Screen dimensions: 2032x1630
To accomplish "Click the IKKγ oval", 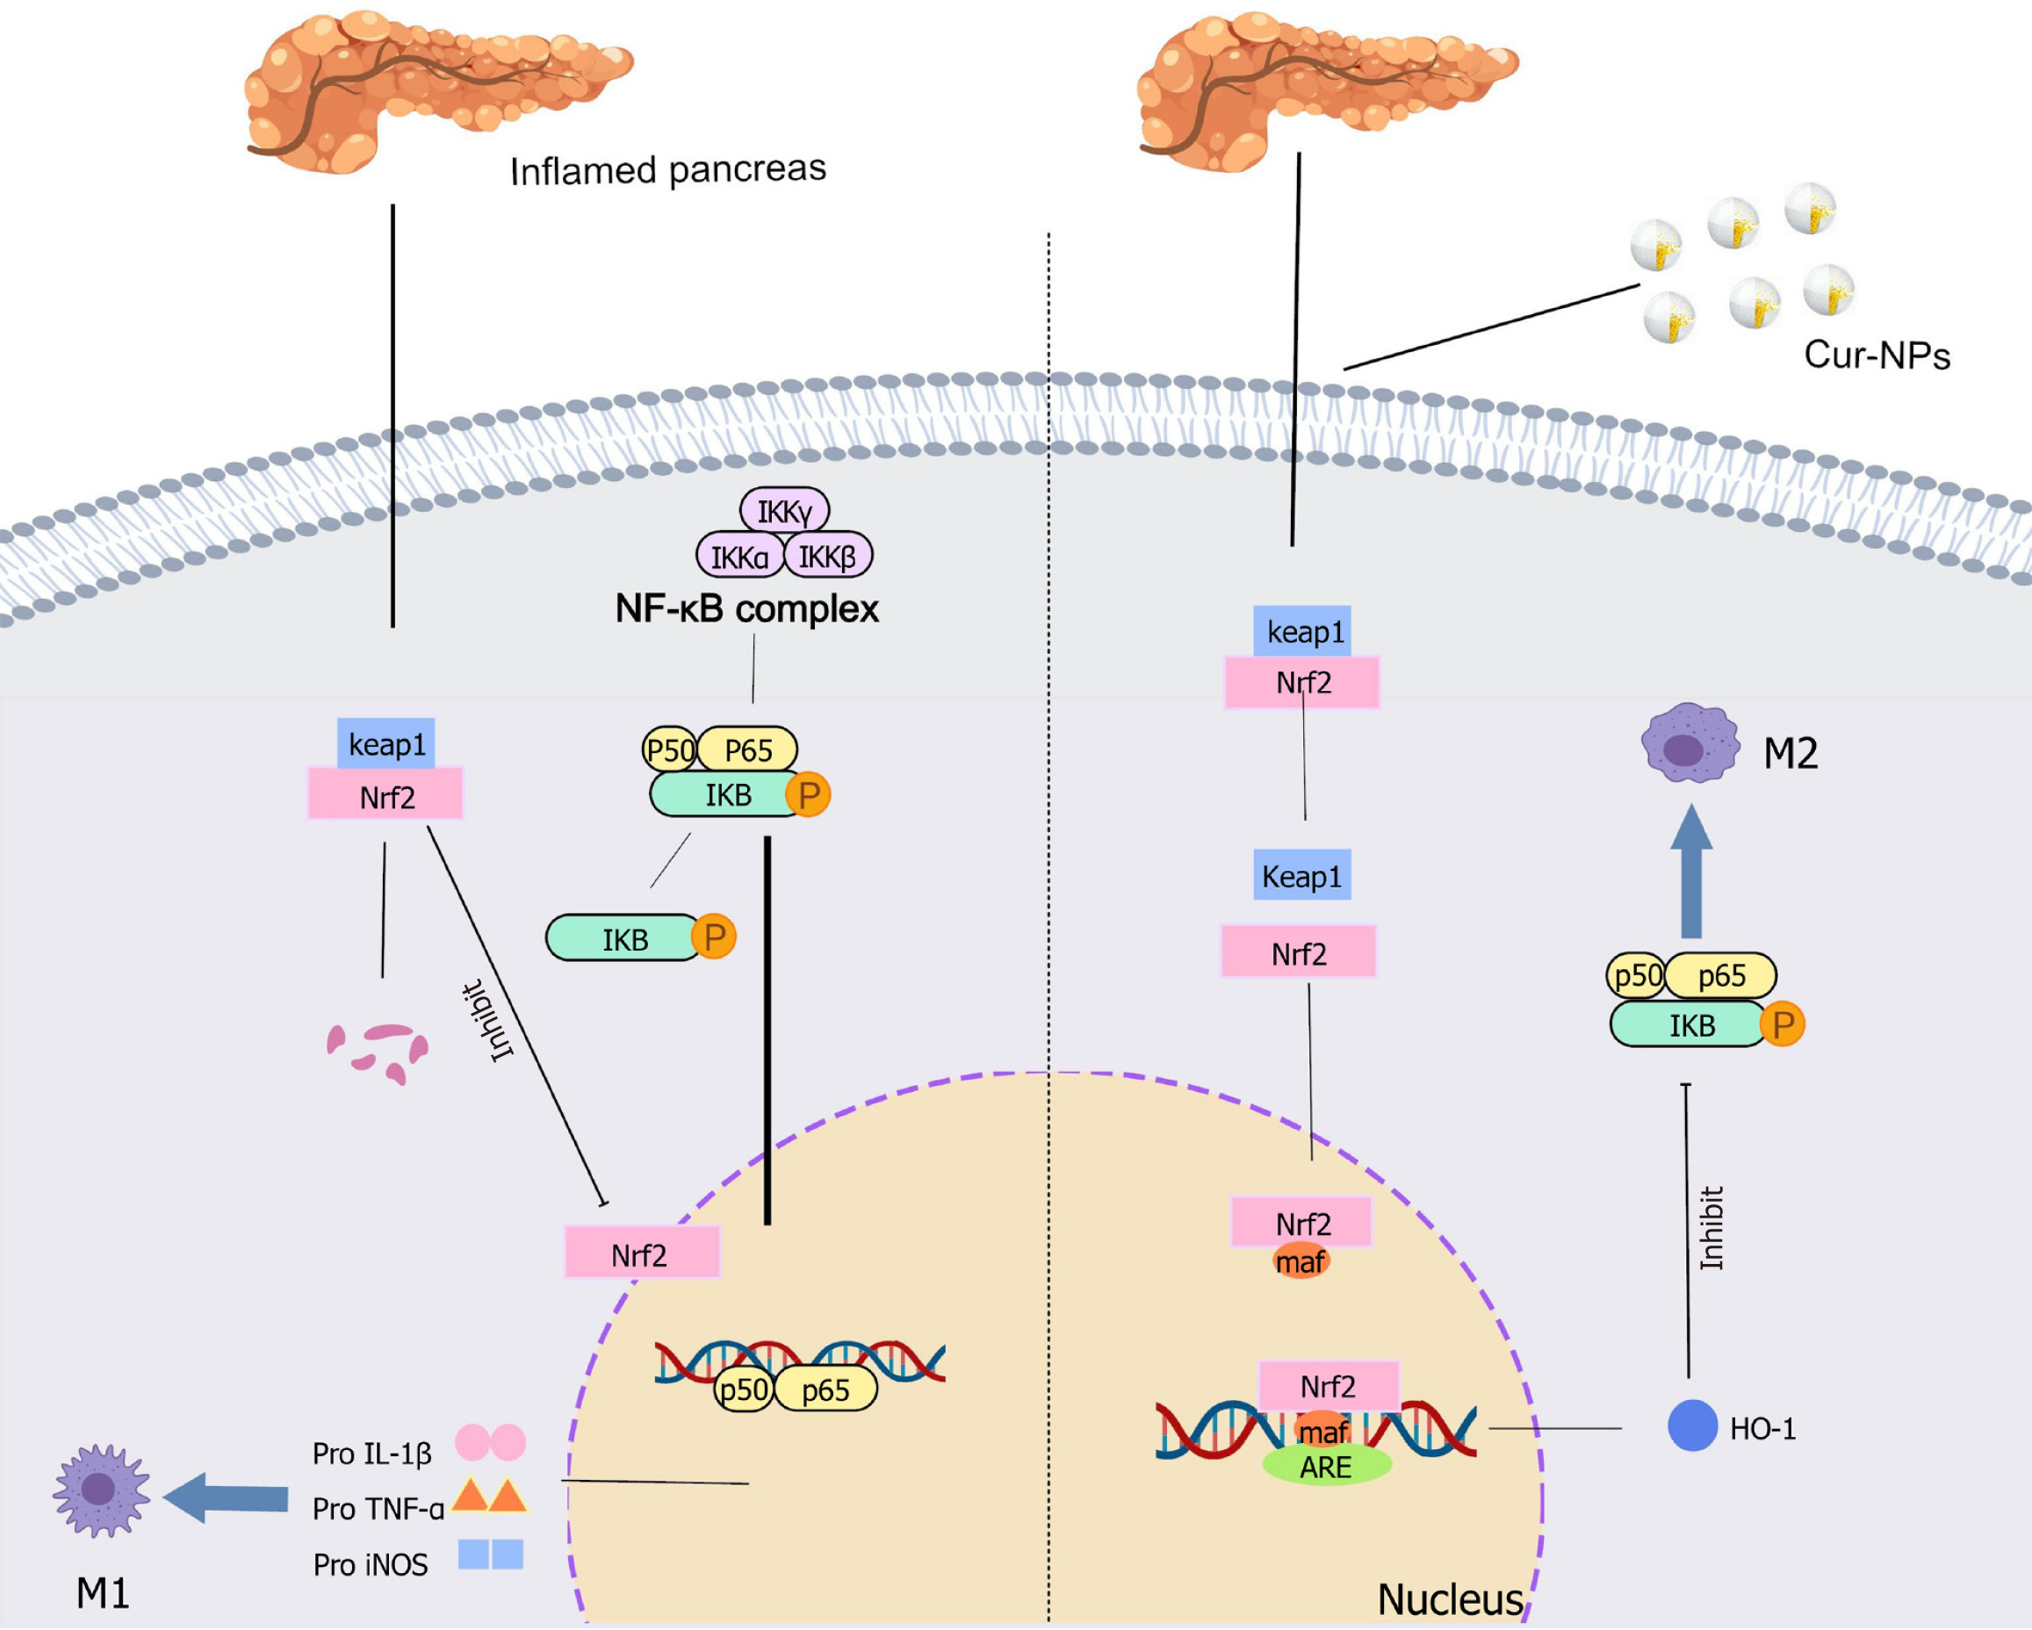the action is coord(784,510).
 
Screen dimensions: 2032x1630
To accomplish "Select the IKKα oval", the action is coord(740,556).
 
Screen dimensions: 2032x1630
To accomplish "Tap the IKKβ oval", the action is coord(828,556).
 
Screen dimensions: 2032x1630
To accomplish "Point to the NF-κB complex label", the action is coord(746,608).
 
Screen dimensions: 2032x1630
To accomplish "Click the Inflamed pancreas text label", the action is coord(667,170).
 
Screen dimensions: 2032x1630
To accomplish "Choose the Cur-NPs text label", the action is coord(1877,355).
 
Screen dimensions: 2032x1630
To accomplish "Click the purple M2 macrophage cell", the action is coord(1690,743).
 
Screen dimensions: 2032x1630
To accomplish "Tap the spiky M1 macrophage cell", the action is coord(101,1490).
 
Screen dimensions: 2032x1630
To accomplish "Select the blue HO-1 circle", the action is coord(1693,1425).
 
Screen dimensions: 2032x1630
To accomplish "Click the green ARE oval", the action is coord(1326,1465).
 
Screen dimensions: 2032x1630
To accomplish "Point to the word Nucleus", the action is coord(1450,1599).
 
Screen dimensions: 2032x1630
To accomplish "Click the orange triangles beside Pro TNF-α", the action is coord(489,1496).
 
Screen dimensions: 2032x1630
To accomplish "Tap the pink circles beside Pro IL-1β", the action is coord(490,1442).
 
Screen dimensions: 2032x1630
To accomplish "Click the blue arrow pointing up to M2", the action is coord(1692,871).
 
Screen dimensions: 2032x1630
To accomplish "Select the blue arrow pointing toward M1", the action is coord(226,1498).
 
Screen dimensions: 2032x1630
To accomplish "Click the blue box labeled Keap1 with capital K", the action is coord(1301,875).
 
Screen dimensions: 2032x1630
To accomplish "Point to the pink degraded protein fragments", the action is coord(378,1053).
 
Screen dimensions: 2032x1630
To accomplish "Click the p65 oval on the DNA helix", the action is coord(825,1389).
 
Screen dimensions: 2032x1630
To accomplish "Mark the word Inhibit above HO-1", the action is coord(1711,1228).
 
